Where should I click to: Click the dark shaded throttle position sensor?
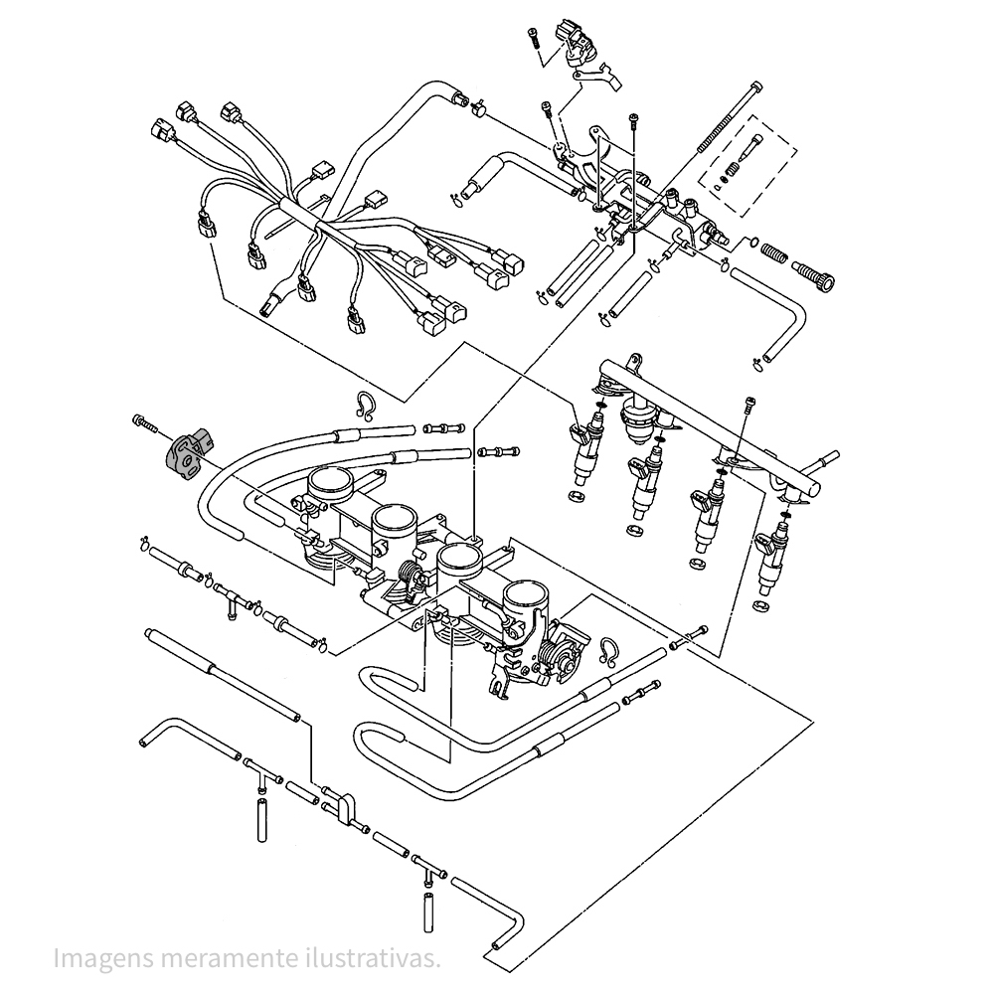pos(187,451)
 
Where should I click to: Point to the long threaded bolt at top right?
pos(730,118)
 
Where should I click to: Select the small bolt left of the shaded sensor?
pos(144,422)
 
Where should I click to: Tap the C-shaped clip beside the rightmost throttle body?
pos(608,652)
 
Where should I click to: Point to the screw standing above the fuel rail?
pos(750,407)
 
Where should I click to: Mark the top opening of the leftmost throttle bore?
pos(331,483)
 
